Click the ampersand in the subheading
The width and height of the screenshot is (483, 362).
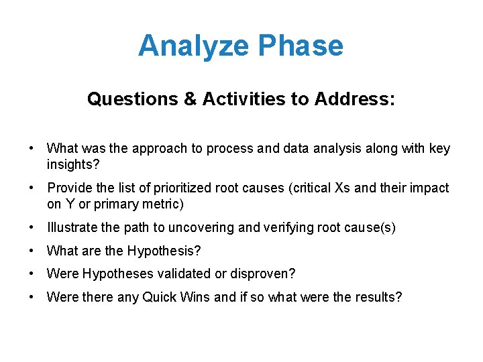(190, 100)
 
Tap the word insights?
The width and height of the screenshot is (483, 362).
(69, 164)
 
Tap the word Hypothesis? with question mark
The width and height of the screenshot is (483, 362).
(164, 251)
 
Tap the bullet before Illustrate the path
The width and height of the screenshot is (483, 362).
(32, 228)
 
